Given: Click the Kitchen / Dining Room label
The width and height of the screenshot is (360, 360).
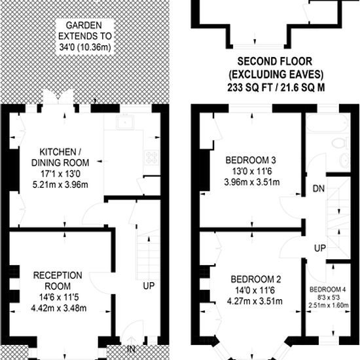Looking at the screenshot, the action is tap(60, 157).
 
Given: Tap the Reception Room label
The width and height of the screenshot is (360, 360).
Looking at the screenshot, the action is tap(58, 281).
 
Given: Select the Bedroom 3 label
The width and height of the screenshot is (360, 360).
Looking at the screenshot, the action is tap(251, 160).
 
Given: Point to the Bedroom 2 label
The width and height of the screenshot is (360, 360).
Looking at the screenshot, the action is tap(256, 279).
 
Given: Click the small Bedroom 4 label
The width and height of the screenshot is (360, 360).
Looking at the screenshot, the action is tap(328, 289).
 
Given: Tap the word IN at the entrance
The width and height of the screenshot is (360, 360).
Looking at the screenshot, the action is tap(131, 350).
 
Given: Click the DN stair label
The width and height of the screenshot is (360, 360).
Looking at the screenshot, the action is tap(319, 189).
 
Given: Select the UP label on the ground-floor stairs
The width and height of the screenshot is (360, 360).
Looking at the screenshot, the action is tap(149, 286).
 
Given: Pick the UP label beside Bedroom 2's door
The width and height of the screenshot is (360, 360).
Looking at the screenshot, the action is tap(320, 248).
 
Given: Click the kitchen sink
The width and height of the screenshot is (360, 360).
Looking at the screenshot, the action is tap(125, 122).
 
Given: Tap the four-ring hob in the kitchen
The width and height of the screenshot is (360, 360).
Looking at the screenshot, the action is tap(152, 157).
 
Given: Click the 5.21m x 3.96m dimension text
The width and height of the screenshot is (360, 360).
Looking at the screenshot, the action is tap(60, 185).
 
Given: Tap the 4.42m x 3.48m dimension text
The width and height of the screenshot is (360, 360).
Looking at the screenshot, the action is tap(59, 308).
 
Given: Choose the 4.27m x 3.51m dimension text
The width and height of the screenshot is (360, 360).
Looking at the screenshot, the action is tap(255, 301).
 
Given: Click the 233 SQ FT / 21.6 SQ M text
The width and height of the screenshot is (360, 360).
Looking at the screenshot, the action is tap(276, 88).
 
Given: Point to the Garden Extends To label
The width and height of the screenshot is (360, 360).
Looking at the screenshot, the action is tap(85, 36).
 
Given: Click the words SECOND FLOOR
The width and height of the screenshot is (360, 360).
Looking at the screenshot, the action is tap(275, 62).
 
